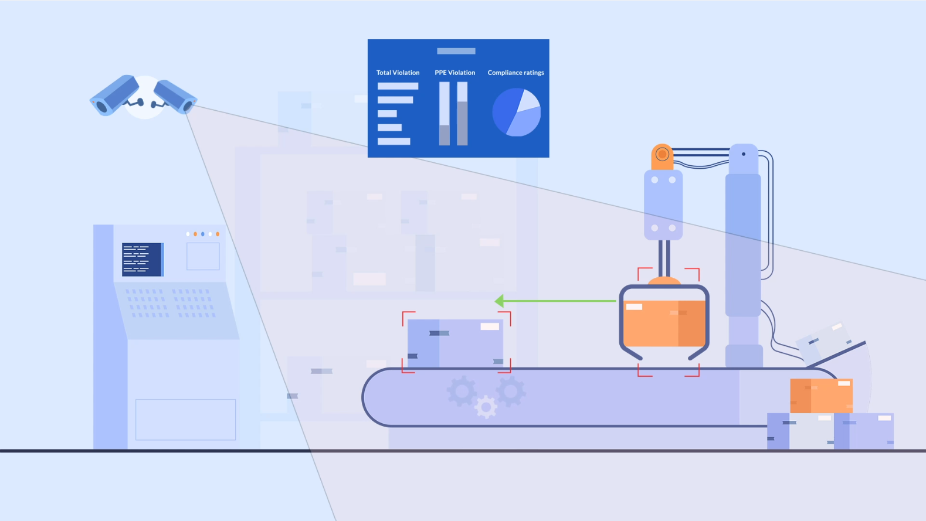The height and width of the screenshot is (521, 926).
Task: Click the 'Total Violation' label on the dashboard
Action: pos(398,73)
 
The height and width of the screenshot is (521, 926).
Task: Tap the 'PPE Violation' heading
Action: pos(454,73)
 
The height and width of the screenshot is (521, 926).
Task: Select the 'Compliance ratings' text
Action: pos(515,73)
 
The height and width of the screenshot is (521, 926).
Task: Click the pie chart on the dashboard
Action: pos(516,113)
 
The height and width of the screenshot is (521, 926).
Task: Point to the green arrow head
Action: pos(499,301)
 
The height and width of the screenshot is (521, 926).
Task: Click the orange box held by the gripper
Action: pos(663,323)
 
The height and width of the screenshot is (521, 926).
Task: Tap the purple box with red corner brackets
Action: pos(455,343)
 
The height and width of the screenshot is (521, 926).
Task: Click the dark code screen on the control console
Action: pos(142,259)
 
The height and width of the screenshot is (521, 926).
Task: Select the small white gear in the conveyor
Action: pos(486,407)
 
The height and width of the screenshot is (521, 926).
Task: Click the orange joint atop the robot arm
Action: pos(662,154)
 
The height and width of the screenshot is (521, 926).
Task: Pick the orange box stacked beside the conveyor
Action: pos(821,396)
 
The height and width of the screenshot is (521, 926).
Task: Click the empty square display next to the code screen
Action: pos(203,256)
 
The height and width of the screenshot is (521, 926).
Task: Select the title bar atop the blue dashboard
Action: pos(456,51)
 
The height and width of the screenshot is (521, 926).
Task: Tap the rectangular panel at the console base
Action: pos(185,419)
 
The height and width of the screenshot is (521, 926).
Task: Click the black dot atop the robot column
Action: pos(744,154)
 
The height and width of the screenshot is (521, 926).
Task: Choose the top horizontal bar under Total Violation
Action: pos(398,86)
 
